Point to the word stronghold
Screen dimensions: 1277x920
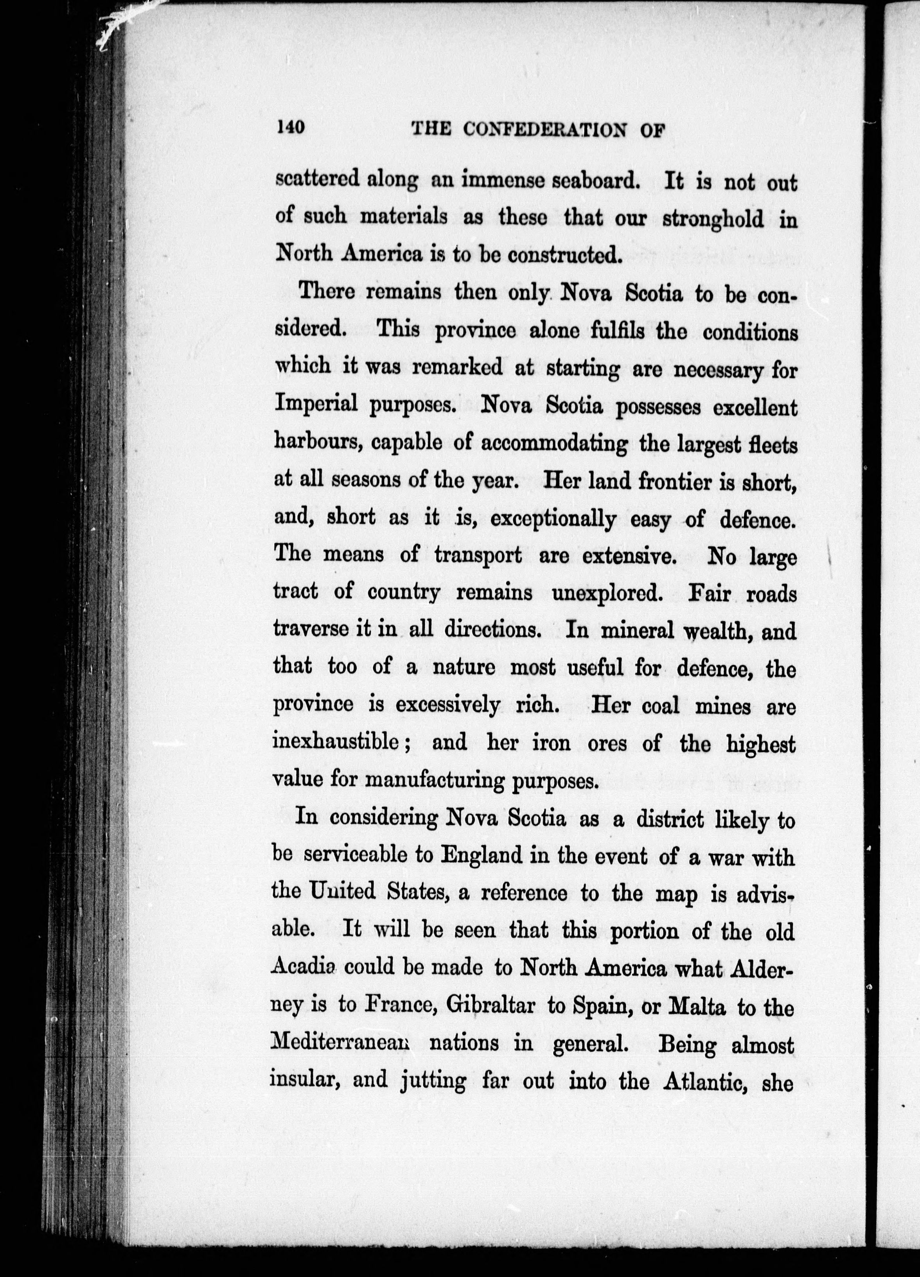(713, 219)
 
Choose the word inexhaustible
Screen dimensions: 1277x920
(343, 743)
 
